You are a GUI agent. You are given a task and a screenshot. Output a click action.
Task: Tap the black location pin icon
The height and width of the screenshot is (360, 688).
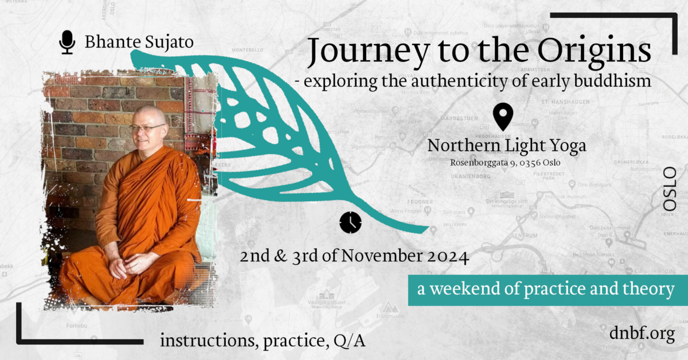coord(503,117)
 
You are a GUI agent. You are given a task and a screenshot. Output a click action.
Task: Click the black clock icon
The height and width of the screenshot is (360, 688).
coord(350,222)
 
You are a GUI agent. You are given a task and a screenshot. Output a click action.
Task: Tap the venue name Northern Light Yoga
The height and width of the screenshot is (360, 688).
coord(507,146)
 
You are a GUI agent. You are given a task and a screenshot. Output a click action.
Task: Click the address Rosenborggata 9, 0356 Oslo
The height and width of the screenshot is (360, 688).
coord(505,162)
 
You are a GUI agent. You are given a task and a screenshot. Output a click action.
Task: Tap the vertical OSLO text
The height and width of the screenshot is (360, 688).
coord(669,189)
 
